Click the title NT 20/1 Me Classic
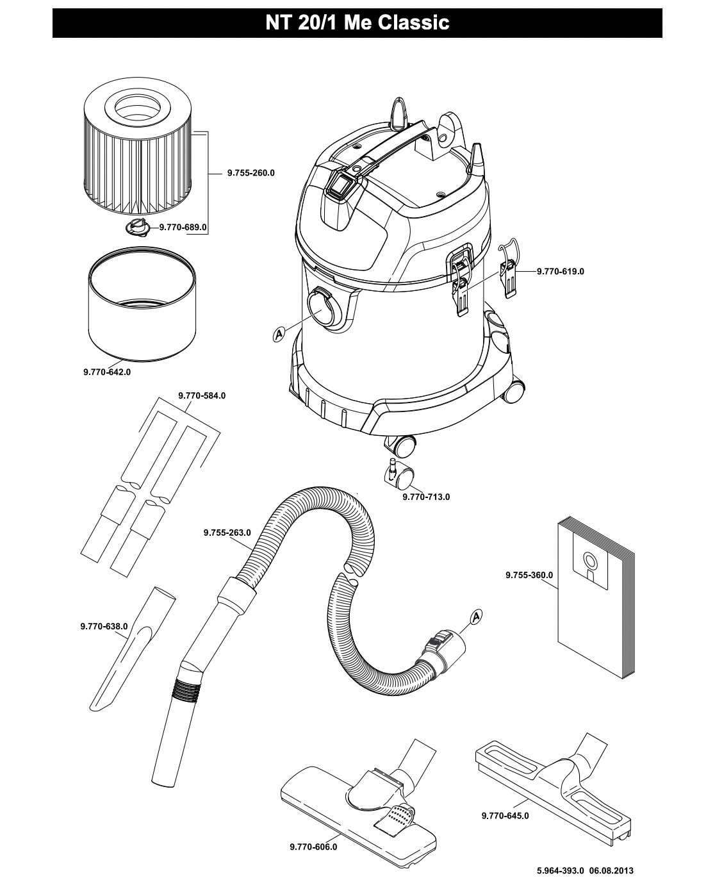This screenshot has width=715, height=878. [x=357, y=22]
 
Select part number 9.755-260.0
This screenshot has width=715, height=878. [x=251, y=173]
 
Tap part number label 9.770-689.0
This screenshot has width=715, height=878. [x=183, y=227]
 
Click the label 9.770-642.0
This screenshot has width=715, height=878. [x=107, y=372]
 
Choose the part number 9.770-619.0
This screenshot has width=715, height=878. [x=561, y=272]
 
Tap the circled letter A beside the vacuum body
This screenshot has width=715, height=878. [x=279, y=335]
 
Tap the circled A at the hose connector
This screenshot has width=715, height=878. [x=476, y=617]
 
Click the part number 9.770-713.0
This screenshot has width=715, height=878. [x=426, y=497]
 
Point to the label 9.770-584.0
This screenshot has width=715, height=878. [x=202, y=395]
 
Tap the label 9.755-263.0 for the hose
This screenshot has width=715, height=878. [x=227, y=533]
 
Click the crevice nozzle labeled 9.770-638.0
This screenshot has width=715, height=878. [x=133, y=649]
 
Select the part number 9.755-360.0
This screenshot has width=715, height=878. [x=529, y=575]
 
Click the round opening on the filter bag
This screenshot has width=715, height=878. [x=590, y=561]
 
